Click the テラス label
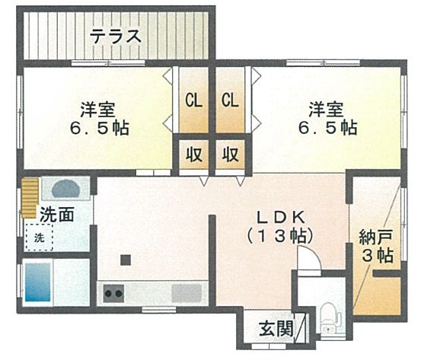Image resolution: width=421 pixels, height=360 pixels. click(x=116, y=37)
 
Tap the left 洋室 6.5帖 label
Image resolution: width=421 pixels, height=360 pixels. click(x=99, y=118)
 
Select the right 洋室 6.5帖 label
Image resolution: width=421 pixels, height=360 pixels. click(x=327, y=118)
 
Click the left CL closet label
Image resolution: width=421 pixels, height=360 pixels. click(x=193, y=100)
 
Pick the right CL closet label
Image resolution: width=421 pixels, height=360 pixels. click(x=230, y=100)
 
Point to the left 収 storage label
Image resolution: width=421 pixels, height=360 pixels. click(x=194, y=155)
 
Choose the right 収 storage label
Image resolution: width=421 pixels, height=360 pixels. click(x=231, y=155)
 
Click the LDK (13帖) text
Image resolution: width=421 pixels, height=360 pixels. click(x=280, y=227)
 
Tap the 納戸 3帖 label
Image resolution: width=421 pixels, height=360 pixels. click(x=377, y=246)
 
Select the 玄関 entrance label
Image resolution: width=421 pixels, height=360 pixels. click(x=276, y=329)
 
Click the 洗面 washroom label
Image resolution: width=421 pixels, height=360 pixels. click(x=56, y=215)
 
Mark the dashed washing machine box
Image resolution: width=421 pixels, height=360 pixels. click(x=39, y=237)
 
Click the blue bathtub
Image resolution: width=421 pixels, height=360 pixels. click(x=38, y=282)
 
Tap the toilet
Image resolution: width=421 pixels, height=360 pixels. click(x=330, y=317)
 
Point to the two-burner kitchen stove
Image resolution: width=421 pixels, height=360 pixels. click(x=114, y=293)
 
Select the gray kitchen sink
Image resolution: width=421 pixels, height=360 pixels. click(x=187, y=293)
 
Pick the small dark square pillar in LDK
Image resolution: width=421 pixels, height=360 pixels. click(x=126, y=260)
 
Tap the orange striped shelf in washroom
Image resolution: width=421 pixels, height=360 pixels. click(x=30, y=198)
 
